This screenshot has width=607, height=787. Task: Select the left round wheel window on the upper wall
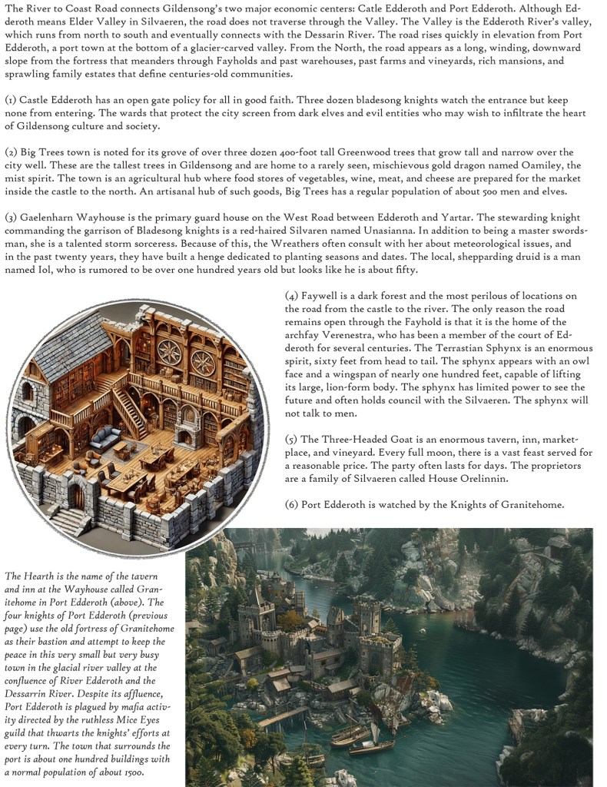click(x=168, y=353)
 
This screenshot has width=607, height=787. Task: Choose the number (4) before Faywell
click(x=291, y=296)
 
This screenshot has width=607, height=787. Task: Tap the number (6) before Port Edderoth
click(x=291, y=504)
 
